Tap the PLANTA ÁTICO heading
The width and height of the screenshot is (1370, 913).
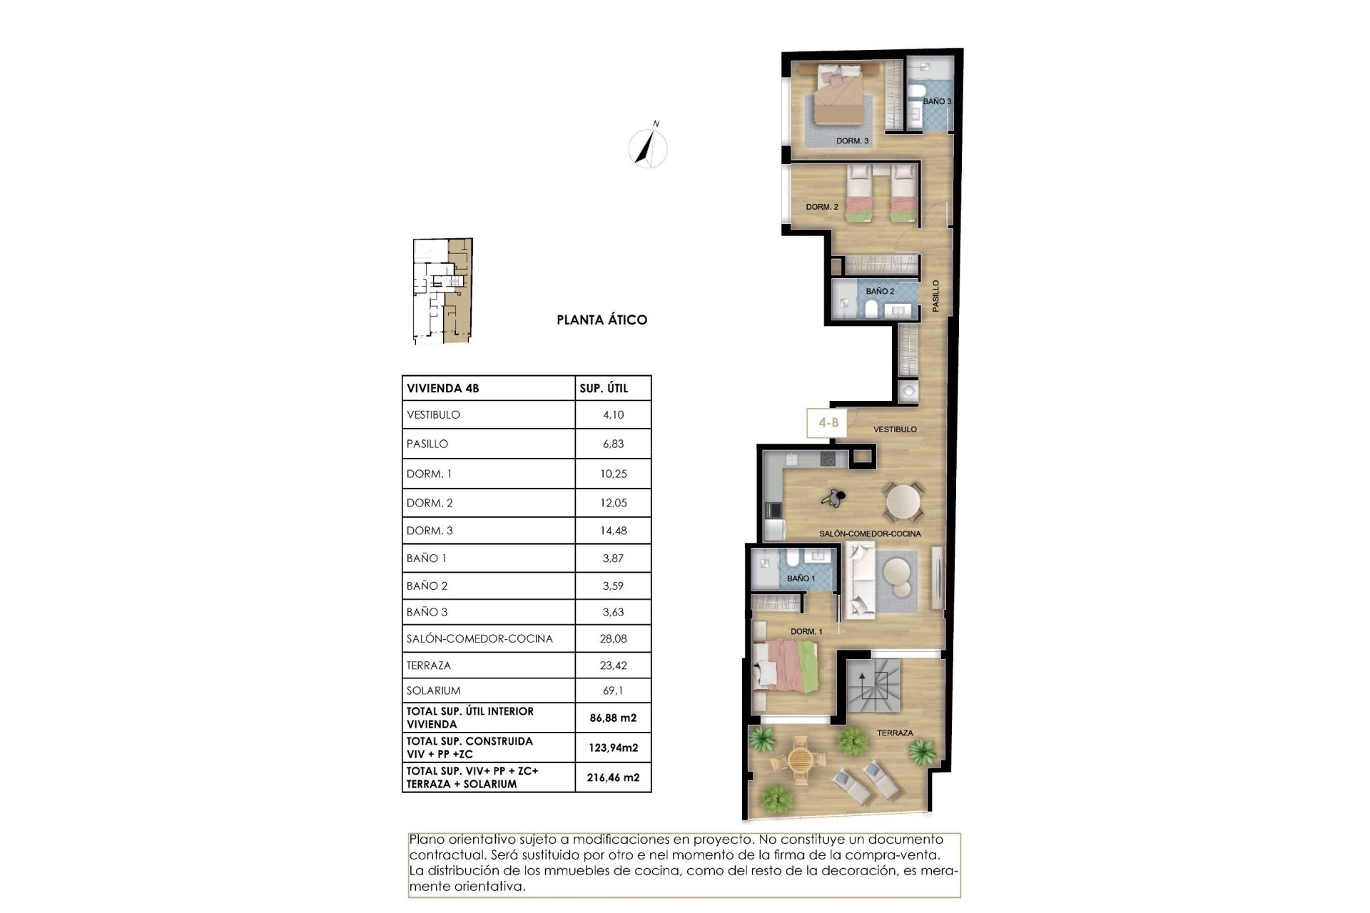tap(602, 320)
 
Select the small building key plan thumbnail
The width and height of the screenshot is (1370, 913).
tap(443, 291)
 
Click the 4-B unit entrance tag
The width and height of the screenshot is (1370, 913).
tap(828, 423)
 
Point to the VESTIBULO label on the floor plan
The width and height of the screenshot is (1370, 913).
tap(895, 429)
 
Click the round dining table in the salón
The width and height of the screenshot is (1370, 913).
tap(903, 502)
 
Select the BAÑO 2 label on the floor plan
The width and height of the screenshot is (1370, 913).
tap(880, 291)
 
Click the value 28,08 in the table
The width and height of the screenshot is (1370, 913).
tap(613, 638)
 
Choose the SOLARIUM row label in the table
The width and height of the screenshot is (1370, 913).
tap(433, 690)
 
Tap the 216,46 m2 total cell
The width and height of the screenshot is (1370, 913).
tap(613, 777)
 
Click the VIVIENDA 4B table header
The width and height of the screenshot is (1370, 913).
tap(442, 388)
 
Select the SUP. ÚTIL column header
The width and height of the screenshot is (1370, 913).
tap(604, 388)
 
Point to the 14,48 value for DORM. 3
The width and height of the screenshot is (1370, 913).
tap(613, 531)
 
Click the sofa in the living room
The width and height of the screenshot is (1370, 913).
tap(858, 580)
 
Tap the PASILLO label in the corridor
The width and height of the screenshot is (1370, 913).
tap(935, 295)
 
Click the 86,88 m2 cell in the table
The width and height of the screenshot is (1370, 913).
tap(613, 718)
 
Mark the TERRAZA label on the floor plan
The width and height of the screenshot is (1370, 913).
tap(895, 733)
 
